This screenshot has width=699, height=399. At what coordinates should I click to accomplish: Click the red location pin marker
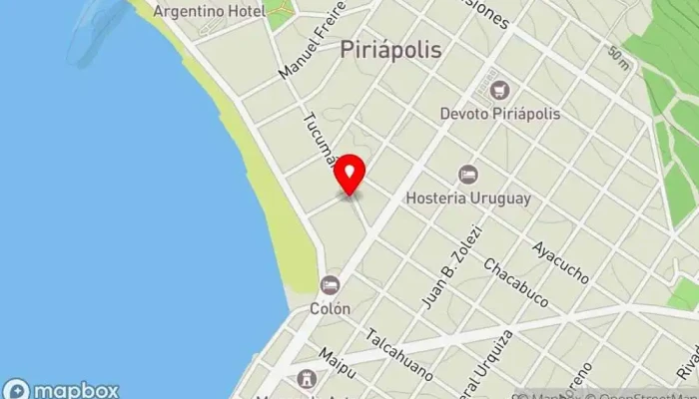[x=349, y=176]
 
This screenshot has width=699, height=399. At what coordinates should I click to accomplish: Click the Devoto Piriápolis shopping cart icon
[x=500, y=91]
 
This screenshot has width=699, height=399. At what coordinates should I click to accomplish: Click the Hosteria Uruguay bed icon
[x=467, y=175]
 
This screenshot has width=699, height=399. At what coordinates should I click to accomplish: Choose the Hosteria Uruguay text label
[x=467, y=198]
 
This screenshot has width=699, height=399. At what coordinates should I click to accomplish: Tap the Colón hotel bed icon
[x=330, y=285]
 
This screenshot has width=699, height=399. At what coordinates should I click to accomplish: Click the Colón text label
[x=330, y=308]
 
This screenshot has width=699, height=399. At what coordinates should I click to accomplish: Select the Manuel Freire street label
[x=312, y=41]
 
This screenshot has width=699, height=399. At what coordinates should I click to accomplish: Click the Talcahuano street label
[x=399, y=355]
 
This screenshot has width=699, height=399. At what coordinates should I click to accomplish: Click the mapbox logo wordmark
[x=62, y=389]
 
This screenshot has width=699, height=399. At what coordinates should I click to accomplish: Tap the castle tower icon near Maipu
[x=305, y=378]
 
